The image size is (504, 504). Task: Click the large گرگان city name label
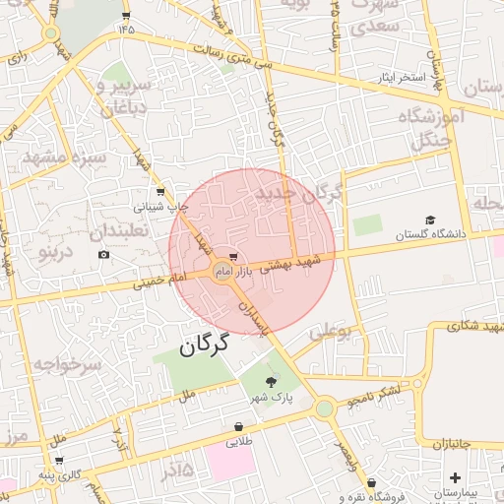pyautogui.click(x=204, y=346)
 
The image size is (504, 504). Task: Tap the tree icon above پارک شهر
pyautogui.click(x=272, y=382)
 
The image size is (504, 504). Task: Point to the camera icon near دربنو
pyautogui.click(x=104, y=255)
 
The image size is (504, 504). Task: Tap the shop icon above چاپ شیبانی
pyautogui.click(x=160, y=192)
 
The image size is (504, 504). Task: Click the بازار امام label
pyautogui.click(x=233, y=269)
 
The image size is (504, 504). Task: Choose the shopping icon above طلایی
pyautogui.click(x=239, y=426)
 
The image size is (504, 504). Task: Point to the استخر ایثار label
pyautogui.click(x=398, y=76)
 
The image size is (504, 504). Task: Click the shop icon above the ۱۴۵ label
pyautogui.click(x=126, y=15)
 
